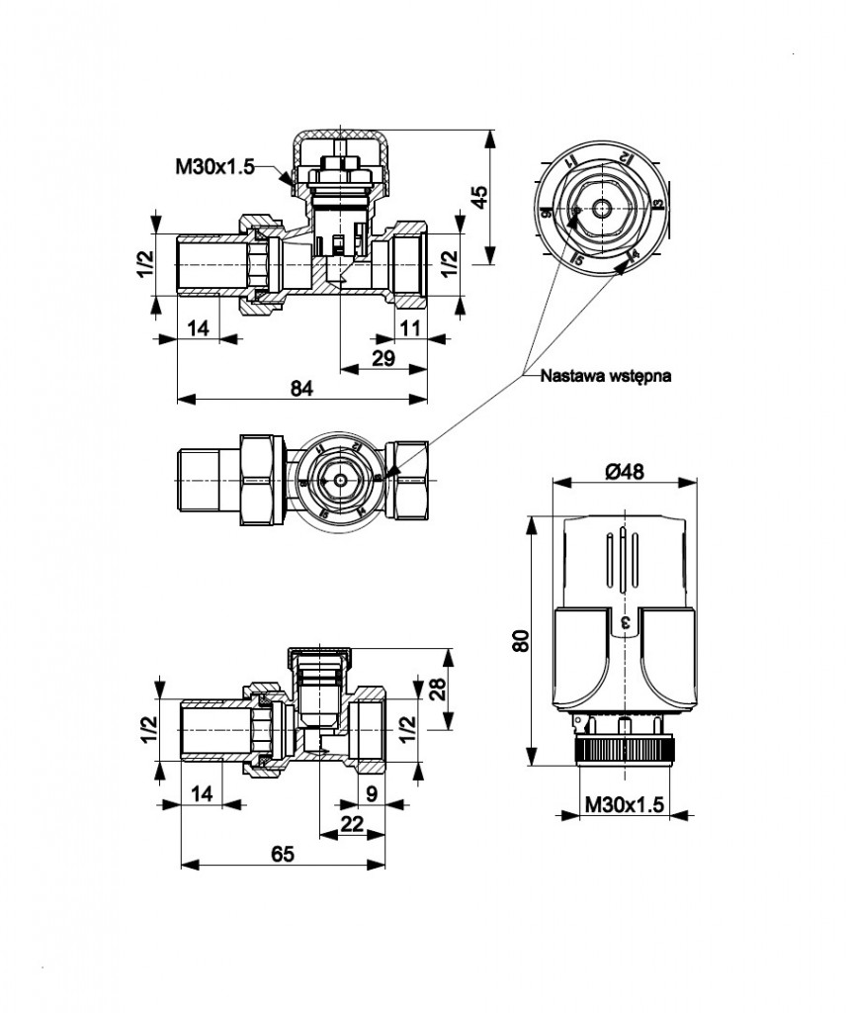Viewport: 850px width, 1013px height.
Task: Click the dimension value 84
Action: point(301,389)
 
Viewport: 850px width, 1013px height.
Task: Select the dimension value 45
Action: point(480,195)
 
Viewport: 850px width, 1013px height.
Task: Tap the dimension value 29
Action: point(383,358)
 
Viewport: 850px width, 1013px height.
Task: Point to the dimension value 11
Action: point(410,327)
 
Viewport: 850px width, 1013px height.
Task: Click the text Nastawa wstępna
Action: point(606,376)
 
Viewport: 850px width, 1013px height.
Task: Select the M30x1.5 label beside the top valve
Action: point(214,166)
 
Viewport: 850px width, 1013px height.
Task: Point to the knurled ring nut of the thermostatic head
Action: point(625,749)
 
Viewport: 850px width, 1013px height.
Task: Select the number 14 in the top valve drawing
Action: point(199,327)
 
